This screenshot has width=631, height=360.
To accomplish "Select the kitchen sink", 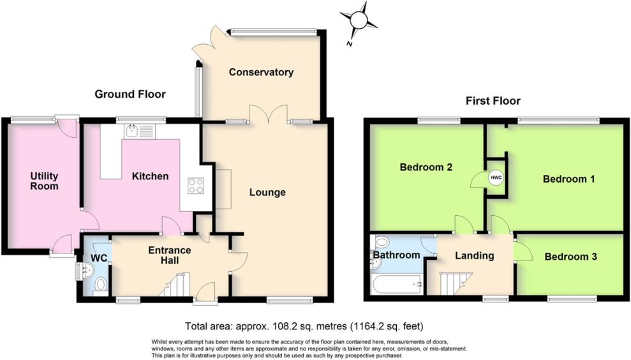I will [133, 131].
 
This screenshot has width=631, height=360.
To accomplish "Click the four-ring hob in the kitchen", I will [195, 186].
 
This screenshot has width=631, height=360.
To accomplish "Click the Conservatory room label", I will [262, 72].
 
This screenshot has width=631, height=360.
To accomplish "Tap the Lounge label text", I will [267, 192].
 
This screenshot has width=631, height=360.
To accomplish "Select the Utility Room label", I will [44, 181].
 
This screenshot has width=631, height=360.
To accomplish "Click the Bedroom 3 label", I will [570, 257].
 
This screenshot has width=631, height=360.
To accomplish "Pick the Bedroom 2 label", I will [426, 168].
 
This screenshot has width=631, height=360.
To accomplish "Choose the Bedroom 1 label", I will [568, 179].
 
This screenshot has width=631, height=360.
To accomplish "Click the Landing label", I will [474, 255].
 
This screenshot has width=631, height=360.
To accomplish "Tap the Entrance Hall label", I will [169, 255].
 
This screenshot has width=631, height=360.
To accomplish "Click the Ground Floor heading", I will [130, 94].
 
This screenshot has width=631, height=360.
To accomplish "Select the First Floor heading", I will [493, 101].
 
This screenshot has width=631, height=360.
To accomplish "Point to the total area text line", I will [303, 326].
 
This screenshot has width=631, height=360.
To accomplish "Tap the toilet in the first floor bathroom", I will [381, 242].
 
